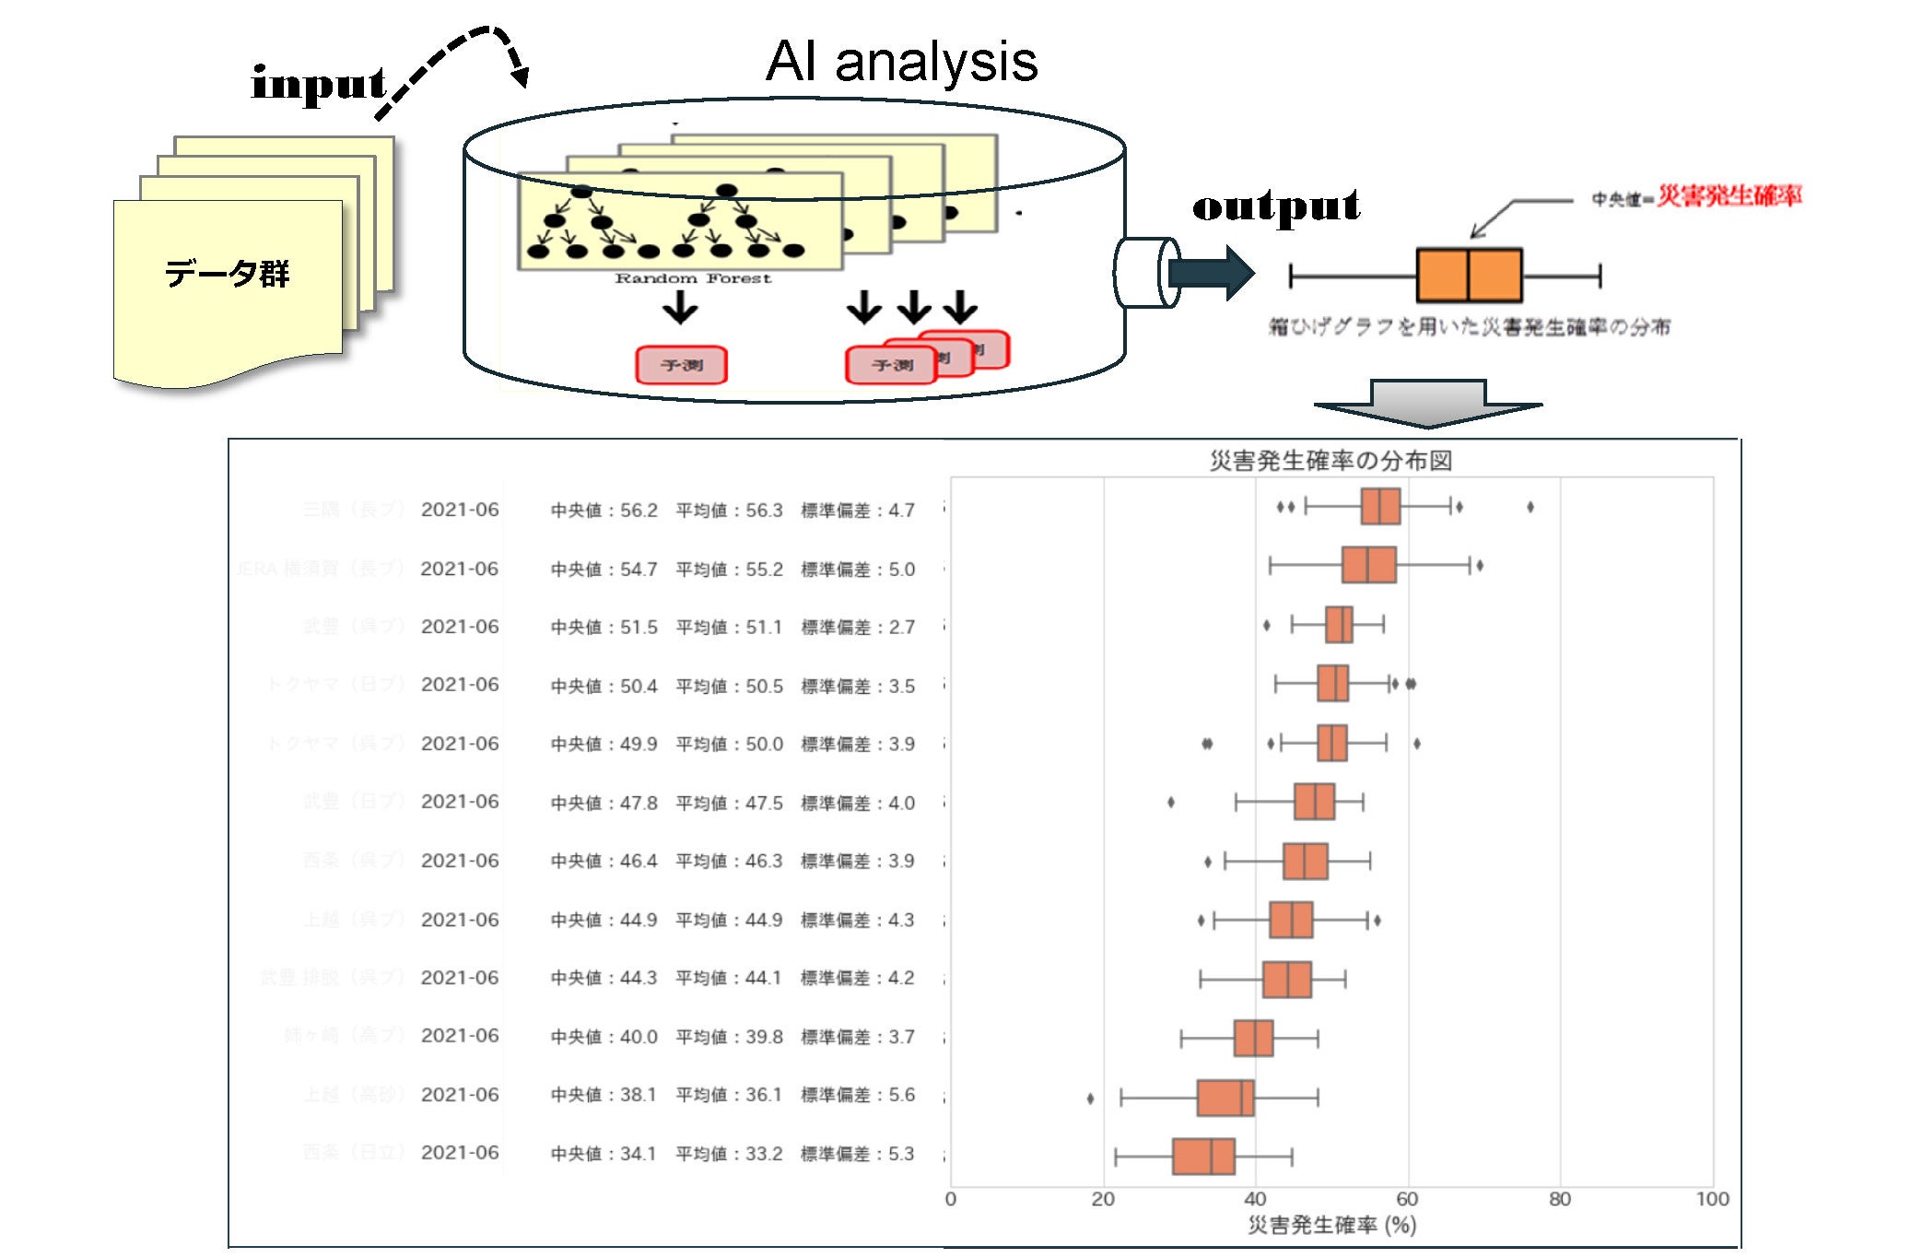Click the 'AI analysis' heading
pos(901,63)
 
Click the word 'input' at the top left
pos(318,85)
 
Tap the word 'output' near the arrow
pos(1276,206)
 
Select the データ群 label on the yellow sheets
pos(227,274)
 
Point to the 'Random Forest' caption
pos(693,278)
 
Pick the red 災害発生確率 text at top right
pos(1729,196)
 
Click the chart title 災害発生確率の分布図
pos(1331,460)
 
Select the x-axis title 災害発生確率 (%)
pos(1331,1225)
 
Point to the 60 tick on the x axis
pos(1407,1199)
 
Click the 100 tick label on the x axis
pos(1712,1199)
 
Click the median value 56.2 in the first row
pos(639,511)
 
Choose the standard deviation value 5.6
pos(901,1095)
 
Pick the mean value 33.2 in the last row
pos(764,1154)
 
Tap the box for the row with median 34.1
pos(1203,1157)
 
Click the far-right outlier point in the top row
pos(1530,507)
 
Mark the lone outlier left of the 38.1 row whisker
pos(1091,1098)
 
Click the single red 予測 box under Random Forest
pos(681,365)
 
